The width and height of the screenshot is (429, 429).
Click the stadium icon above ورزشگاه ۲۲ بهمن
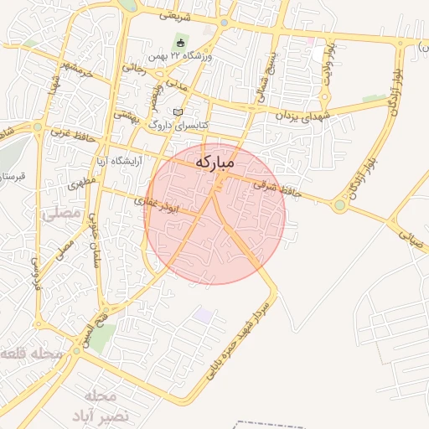pyautogui.click(x=179, y=43)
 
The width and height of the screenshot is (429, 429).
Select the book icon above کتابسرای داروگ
pyautogui.click(x=177, y=111)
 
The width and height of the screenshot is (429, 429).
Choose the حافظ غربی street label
pyautogui.click(x=69, y=132)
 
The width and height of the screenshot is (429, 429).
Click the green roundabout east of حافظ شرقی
pyautogui.click(x=339, y=204)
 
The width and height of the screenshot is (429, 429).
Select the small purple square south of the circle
pyautogui.click(x=203, y=315)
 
